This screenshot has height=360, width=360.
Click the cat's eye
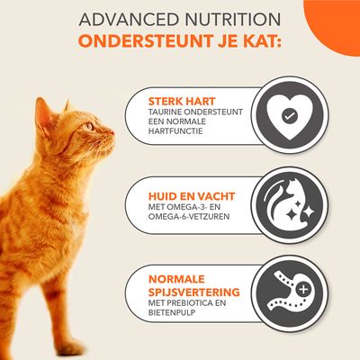pyautogui.click(x=90, y=127)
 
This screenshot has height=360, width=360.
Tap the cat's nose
pyautogui.click(x=112, y=136)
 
